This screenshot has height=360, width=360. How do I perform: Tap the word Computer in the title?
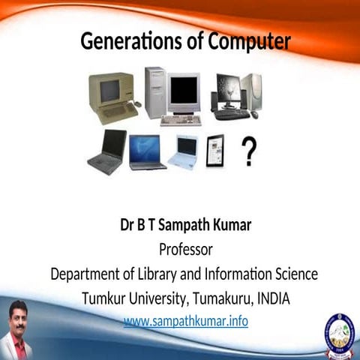pos(247,42)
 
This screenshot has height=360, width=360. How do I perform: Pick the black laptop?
pos(106,151)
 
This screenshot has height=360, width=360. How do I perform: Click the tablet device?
pos(216,151)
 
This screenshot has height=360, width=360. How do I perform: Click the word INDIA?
pos(273,298)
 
